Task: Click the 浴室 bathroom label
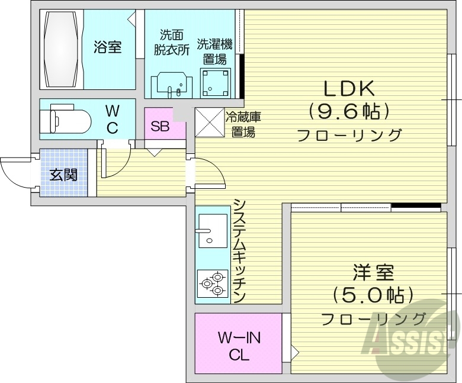(x=108, y=47)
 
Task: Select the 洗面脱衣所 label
(x=171, y=42)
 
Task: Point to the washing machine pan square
(x=214, y=82)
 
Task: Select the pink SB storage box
(x=160, y=125)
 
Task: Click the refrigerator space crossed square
(x=208, y=122)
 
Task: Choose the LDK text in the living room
(x=348, y=89)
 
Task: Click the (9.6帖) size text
(x=348, y=111)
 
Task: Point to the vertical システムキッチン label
(x=239, y=250)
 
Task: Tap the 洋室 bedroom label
(x=373, y=273)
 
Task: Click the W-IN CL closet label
(x=239, y=347)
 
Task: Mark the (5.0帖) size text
(x=373, y=295)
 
